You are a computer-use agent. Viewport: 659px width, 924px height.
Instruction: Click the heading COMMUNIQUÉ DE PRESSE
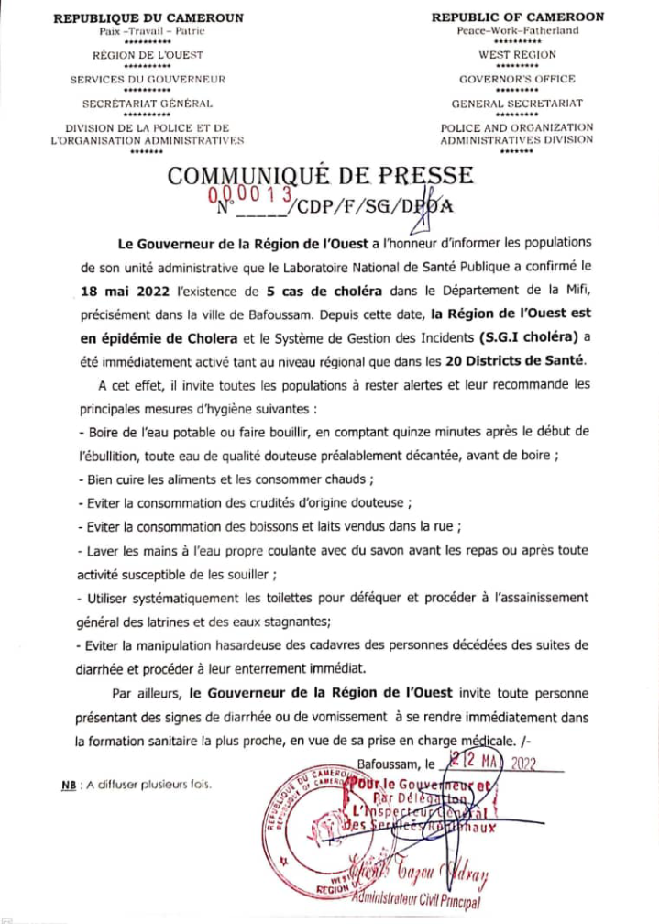coord(321,174)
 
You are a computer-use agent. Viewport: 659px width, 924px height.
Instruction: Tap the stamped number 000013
coord(249,194)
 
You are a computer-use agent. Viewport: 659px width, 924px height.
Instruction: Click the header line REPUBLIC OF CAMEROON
coord(517,17)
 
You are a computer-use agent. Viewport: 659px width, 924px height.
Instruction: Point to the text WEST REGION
coord(517,55)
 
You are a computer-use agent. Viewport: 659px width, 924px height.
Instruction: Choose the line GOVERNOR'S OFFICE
coord(517,79)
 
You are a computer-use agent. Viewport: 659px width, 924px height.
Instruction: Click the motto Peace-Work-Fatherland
coord(517,30)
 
